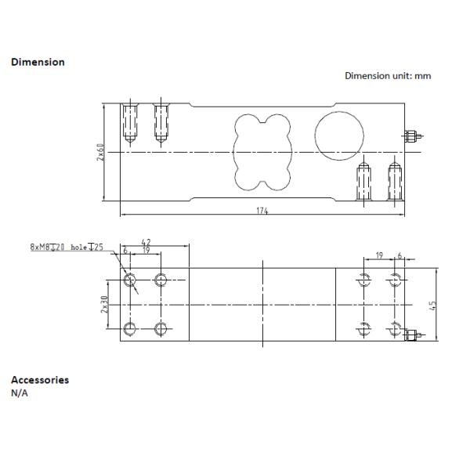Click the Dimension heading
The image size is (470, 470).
point(38,61)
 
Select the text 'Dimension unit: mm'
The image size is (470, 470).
point(388,76)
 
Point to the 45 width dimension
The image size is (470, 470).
point(432,305)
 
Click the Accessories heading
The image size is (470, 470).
point(39,380)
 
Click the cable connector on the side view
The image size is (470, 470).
point(412,136)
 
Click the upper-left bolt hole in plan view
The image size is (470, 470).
point(128,280)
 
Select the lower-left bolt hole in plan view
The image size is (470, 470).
point(128,328)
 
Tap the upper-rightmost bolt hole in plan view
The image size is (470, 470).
point(395,280)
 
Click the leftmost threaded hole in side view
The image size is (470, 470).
point(128,126)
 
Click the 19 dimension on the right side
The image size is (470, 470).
point(378,255)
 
